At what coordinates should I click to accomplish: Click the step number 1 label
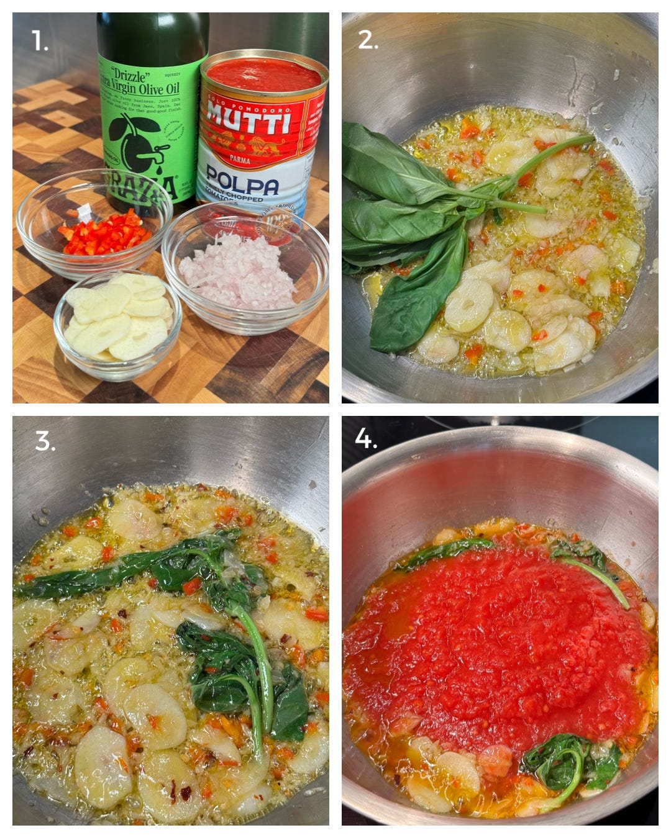click(x=40, y=42)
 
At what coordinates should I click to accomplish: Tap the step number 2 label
click(x=368, y=40)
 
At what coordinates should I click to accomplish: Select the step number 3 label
click(x=45, y=441)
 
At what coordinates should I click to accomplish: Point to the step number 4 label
click(x=365, y=439)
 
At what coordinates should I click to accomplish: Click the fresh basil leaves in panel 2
click(x=398, y=211)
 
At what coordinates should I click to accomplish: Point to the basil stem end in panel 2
click(x=584, y=139)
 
